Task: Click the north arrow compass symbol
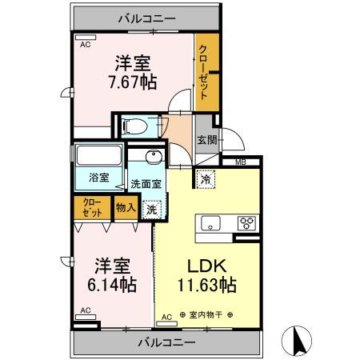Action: click(x=297, y=341)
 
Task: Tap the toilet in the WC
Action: click(x=135, y=126)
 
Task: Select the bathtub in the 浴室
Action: click(x=98, y=156)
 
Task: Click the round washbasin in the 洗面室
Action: click(x=154, y=157)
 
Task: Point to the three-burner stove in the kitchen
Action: click(x=246, y=223)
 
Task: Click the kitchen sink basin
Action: click(x=210, y=223)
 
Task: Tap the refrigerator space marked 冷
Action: click(x=206, y=179)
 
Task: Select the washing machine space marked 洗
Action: click(x=151, y=210)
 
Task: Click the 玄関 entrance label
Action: click(x=206, y=140)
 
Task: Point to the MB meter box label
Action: click(x=241, y=162)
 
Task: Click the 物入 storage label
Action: click(x=126, y=207)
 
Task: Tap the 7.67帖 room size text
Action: click(x=132, y=82)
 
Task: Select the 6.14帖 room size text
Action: click(x=112, y=284)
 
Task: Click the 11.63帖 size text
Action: click(x=207, y=285)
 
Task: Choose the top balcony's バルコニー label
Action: click(x=147, y=18)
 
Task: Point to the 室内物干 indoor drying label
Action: click(x=206, y=315)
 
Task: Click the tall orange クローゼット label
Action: click(x=203, y=72)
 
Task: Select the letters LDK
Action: click(x=207, y=266)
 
